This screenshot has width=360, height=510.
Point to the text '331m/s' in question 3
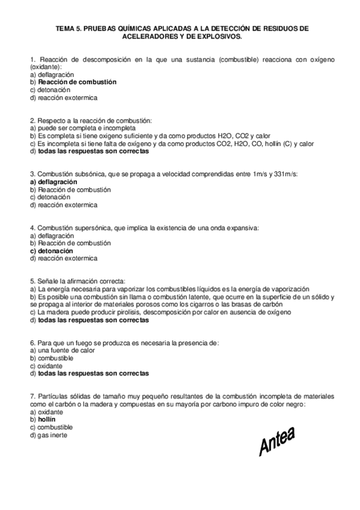285,174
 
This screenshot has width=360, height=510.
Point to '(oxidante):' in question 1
46,67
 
